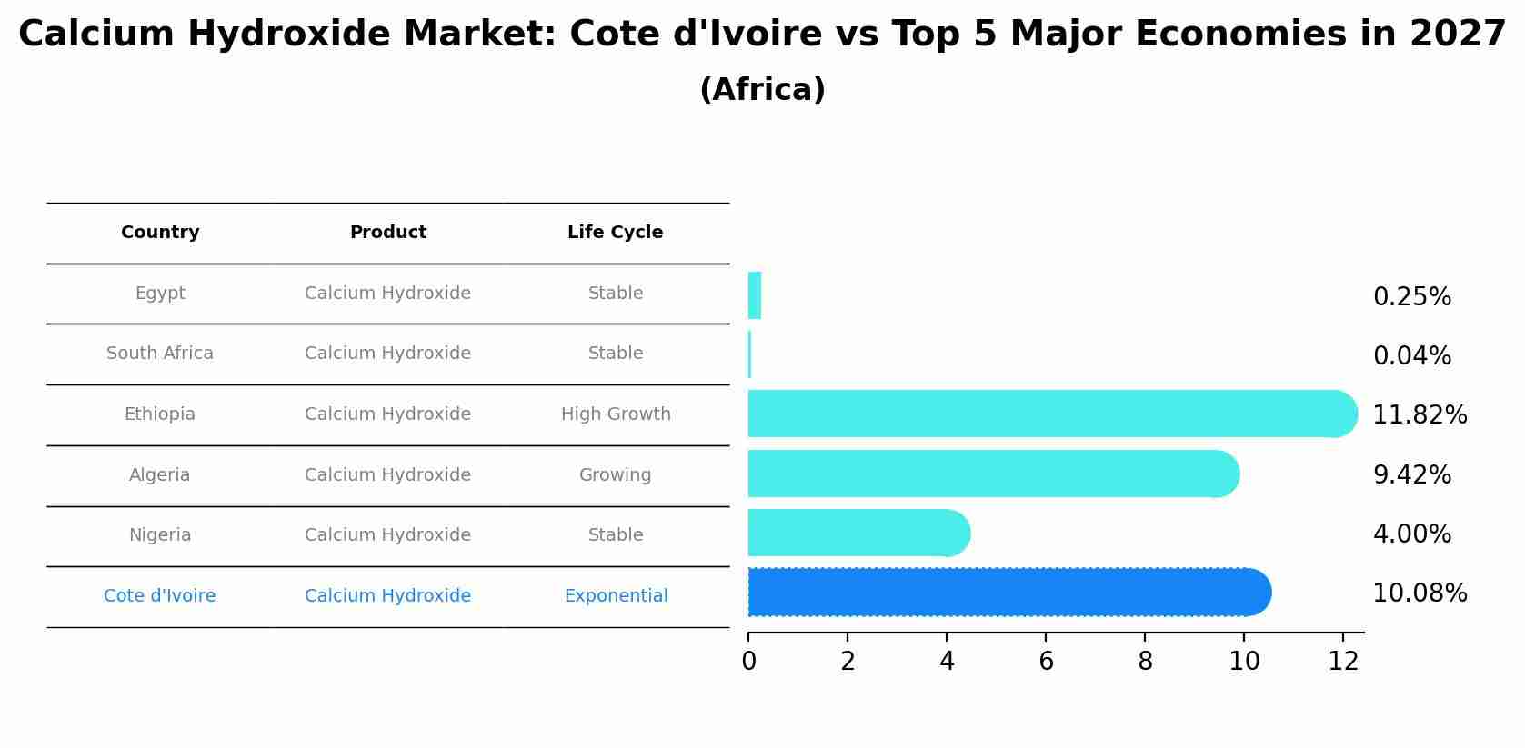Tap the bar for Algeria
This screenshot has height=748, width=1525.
click(x=992, y=474)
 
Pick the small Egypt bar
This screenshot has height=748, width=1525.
click(x=755, y=295)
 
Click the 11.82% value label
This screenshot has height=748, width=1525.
click(x=1419, y=415)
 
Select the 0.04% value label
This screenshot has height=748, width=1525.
click(x=1411, y=356)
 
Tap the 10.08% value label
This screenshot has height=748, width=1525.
click(x=1419, y=593)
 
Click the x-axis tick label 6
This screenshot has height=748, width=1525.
click(x=1046, y=662)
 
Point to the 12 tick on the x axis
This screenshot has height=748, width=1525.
click(x=1343, y=662)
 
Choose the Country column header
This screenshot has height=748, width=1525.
click(x=160, y=233)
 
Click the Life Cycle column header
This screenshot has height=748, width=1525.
click(x=616, y=233)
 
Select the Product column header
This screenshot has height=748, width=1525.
click(x=388, y=233)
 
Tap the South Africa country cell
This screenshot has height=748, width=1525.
click(x=160, y=354)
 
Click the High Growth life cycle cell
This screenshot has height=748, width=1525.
click(x=616, y=414)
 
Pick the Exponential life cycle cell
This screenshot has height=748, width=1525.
click(x=616, y=596)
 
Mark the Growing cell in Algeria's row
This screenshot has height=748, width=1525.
click(x=616, y=475)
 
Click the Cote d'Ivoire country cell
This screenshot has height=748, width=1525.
click(x=160, y=596)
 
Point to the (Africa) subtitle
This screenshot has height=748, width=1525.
click(x=762, y=90)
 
